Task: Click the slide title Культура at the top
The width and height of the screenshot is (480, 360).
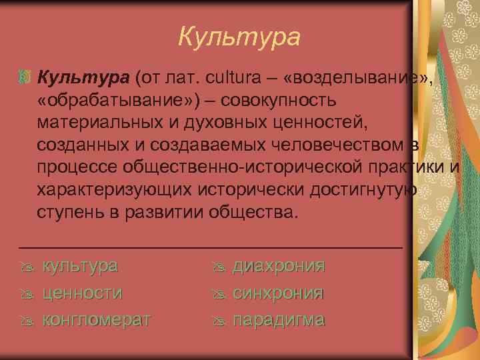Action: click(239, 37)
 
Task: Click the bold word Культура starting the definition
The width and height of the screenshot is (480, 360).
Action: click(83, 79)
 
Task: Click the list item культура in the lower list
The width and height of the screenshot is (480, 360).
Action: click(80, 266)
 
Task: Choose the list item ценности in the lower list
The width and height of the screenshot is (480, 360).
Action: click(82, 293)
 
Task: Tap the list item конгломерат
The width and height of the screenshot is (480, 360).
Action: click(97, 320)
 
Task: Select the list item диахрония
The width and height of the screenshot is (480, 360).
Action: click(278, 266)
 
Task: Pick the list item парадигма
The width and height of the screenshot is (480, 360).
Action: click(278, 320)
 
